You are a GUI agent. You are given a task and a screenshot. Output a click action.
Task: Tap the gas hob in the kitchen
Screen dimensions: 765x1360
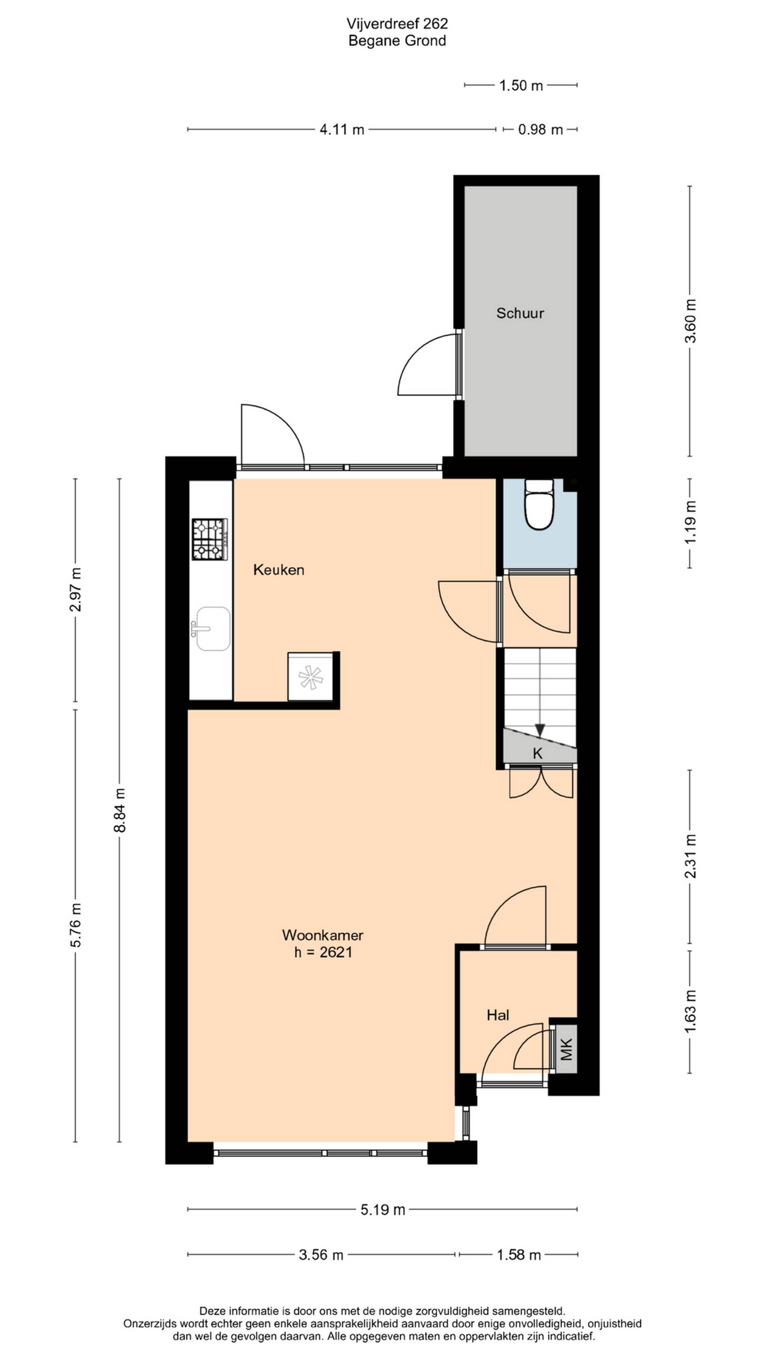(x=210, y=539)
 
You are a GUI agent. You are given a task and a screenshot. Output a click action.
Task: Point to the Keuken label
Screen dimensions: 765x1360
(x=279, y=570)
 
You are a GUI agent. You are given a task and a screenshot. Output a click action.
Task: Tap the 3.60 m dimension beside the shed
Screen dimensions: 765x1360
(x=690, y=321)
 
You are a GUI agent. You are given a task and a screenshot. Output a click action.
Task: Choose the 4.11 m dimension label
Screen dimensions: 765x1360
(x=342, y=129)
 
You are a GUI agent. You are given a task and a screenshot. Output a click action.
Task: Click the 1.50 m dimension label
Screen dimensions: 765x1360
(x=521, y=85)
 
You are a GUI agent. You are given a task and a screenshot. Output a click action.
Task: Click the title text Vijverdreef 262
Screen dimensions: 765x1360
(x=397, y=24)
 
